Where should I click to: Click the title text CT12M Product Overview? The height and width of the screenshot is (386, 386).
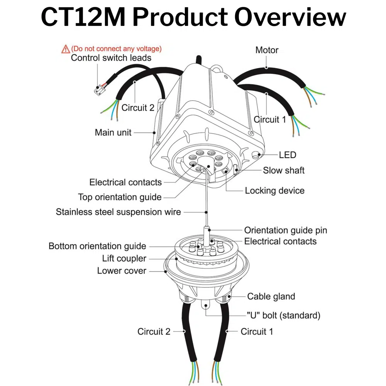tap(193, 17)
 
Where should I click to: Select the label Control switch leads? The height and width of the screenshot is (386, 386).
tap(111, 58)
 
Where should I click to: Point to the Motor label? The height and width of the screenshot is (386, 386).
tap(267, 50)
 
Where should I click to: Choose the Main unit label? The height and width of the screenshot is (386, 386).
tap(113, 132)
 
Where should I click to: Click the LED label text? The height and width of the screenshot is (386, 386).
tap(288, 155)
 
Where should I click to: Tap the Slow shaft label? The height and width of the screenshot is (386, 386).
tap(284, 170)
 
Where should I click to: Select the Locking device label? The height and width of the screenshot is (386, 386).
tap(274, 191)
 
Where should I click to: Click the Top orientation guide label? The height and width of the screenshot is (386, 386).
tap(120, 197)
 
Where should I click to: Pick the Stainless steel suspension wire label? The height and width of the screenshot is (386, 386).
tap(118, 212)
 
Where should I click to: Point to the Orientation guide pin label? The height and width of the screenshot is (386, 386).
tap(285, 230)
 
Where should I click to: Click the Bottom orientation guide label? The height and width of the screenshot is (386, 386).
tap(97, 246)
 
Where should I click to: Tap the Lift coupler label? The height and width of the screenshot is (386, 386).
tap(124, 259)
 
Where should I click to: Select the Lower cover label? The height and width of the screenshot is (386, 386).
tap(122, 271)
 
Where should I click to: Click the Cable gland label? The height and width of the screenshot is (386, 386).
tap(271, 296)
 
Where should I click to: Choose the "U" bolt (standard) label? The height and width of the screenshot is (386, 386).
tap(283, 315)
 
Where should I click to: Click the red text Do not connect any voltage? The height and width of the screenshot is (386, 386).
tap(117, 49)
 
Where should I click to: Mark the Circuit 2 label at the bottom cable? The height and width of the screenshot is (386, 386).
tap(154, 332)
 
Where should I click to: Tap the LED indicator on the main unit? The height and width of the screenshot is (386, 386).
tap(256, 156)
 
